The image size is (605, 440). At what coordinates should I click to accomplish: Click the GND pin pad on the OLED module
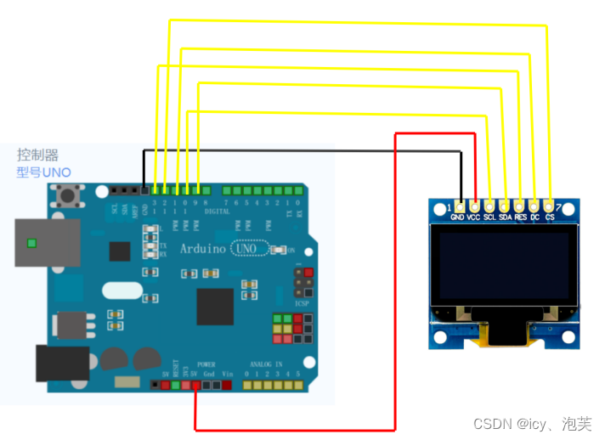(x=460, y=206)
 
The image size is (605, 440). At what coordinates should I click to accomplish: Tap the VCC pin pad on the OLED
(x=474, y=206)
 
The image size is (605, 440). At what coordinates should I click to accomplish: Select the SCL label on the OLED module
(x=489, y=218)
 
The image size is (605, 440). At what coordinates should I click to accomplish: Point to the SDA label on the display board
(x=505, y=218)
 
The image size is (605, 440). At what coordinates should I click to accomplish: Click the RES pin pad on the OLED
(x=519, y=206)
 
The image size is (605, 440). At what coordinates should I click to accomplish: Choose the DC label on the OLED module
(x=534, y=218)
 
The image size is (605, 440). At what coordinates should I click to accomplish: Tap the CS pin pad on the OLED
(x=549, y=206)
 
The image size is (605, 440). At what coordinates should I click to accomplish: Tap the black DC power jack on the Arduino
(x=61, y=363)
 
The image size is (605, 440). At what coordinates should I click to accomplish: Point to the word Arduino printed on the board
(x=202, y=249)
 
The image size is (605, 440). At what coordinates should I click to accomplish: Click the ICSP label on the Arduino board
(x=302, y=302)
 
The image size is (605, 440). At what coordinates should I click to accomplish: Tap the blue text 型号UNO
(x=43, y=172)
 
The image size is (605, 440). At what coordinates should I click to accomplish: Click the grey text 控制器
(x=38, y=155)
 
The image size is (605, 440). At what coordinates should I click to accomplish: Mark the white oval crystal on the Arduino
(x=123, y=290)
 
